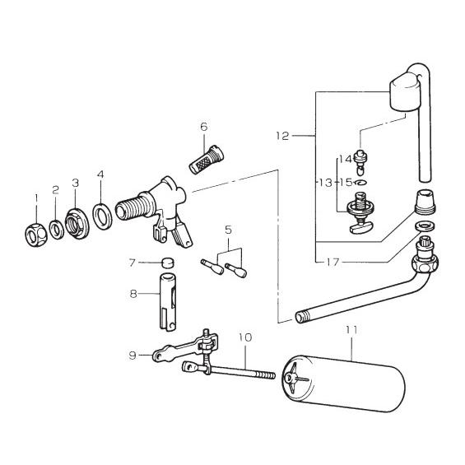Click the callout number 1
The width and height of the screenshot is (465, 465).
[x=36, y=197]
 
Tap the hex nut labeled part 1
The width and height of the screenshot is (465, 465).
[x=36, y=234]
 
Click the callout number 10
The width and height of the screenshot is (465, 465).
[x=245, y=337]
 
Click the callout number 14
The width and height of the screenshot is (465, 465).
[x=344, y=158]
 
